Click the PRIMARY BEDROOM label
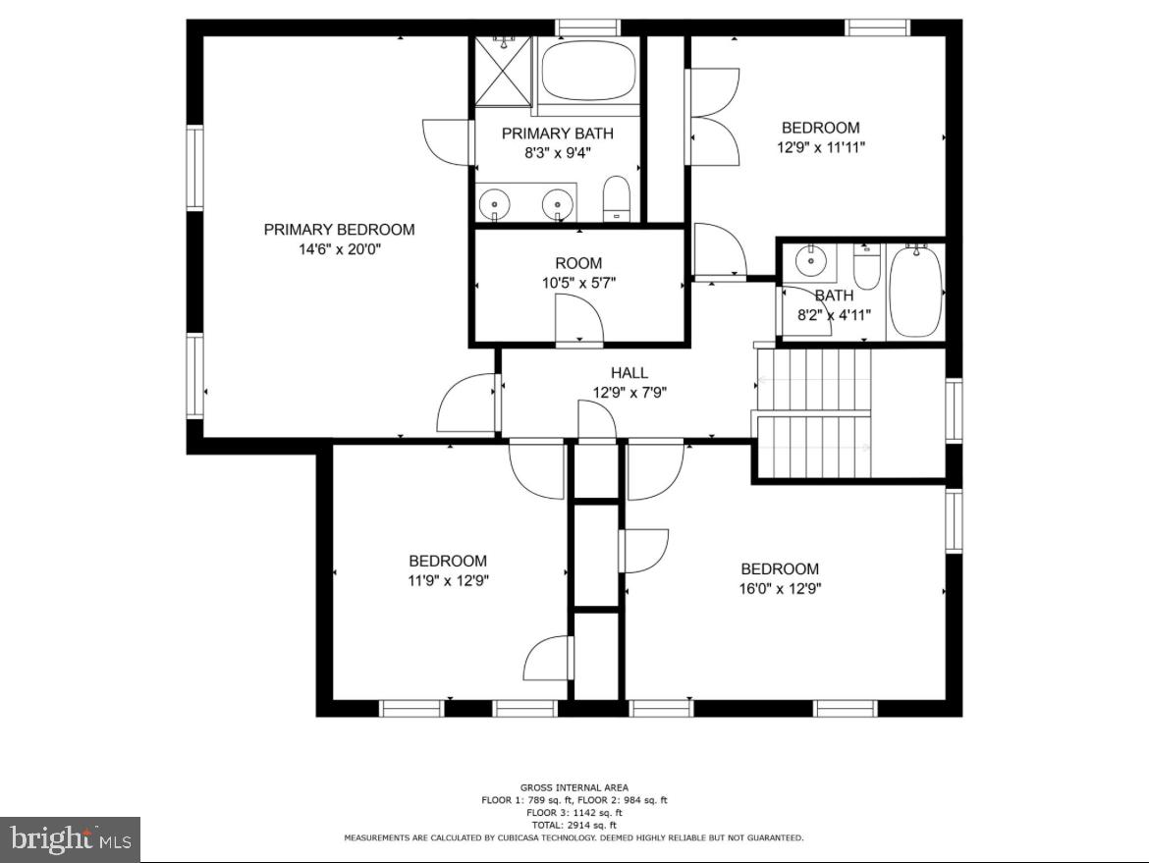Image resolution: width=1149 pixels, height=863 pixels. (339, 230)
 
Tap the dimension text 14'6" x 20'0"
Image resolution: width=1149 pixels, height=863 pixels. (339, 249)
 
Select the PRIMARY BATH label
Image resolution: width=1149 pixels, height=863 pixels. (557, 134)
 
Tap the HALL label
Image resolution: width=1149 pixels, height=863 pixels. (629, 373)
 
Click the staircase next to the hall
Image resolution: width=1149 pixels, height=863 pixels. (813, 412)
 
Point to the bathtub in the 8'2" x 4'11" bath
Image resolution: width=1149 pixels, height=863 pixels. (915, 292)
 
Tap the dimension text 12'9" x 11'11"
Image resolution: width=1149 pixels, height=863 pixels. (820, 147)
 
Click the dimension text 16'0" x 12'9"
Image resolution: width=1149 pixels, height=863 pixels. (780, 589)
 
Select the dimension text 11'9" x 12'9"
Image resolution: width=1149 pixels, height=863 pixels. (448, 580)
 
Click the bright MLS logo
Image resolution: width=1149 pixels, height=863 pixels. (70, 839)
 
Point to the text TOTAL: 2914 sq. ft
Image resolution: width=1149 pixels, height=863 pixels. (574, 825)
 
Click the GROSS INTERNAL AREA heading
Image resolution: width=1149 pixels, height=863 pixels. (574, 787)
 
